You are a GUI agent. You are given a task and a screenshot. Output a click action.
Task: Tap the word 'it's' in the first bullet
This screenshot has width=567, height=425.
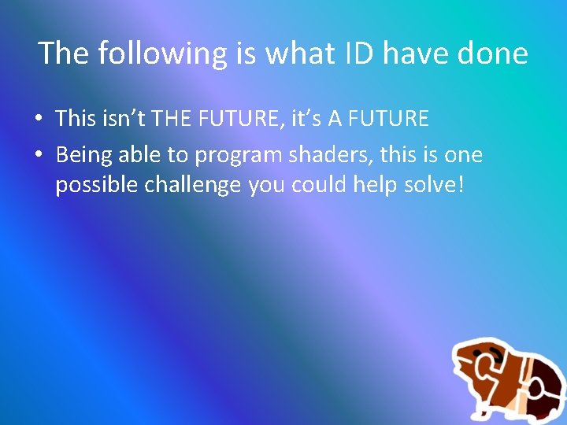pos(304,119)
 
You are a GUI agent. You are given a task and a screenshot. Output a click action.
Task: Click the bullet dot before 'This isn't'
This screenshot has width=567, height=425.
pos(38,120)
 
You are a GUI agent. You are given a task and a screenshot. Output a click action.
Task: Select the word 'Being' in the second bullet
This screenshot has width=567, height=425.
pos(84,155)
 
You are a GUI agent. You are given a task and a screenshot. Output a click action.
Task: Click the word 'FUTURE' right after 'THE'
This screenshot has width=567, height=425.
pos(235,119)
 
